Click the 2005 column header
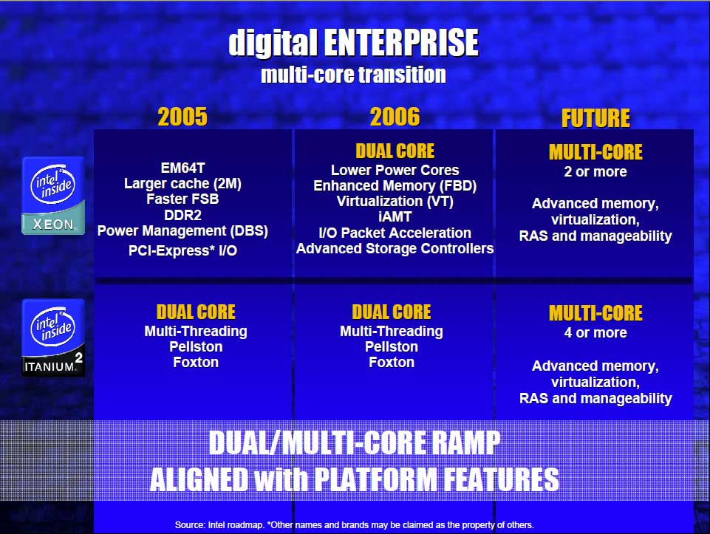(x=182, y=117)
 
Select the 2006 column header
(x=395, y=117)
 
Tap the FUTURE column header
(x=595, y=118)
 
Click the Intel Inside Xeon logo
(x=53, y=196)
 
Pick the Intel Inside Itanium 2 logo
(x=53, y=338)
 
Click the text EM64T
(x=182, y=168)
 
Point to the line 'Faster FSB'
(x=182, y=199)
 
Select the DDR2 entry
(x=182, y=215)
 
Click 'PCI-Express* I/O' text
(x=182, y=250)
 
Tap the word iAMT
(x=395, y=216)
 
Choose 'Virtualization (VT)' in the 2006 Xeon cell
(x=395, y=201)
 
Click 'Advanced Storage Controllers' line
(x=395, y=248)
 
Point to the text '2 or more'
(x=595, y=172)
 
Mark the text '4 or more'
(x=595, y=333)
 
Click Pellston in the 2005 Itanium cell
(x=196, y=347)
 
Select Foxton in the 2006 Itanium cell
(x=392, y=363)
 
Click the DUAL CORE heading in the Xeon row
(x=395, y=151)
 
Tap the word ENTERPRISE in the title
(x=400, y=43)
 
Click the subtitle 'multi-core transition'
(x=353, y=75)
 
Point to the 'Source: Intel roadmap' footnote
(x=355, y=525)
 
